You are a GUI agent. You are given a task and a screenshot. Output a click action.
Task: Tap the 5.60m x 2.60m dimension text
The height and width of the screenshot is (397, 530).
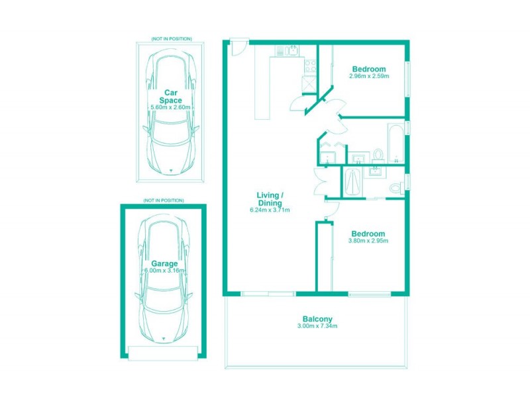[x=171, y=107]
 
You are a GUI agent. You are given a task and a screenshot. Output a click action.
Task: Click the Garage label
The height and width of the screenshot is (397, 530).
[x=163, y=263]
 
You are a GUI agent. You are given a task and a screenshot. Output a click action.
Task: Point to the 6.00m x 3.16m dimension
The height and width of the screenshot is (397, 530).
[x=164, y=271]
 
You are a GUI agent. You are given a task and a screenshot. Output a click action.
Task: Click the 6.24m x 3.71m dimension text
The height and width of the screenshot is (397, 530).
[x=270, y=210]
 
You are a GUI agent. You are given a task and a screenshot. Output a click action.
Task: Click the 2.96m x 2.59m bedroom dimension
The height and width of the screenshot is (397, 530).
[x=368, y=76]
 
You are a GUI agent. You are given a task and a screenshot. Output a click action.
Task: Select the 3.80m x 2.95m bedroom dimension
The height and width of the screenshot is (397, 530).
[x=368, y=241]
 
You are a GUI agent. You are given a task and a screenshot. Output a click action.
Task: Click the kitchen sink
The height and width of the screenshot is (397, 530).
[x=291, y=49]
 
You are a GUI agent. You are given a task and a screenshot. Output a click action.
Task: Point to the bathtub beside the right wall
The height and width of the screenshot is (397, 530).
[x=395, y=142]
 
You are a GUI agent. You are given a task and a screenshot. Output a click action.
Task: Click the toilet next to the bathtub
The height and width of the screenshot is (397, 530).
[x=378, y=155]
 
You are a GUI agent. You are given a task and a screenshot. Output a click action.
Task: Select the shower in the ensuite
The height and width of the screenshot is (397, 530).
[x=352, y=181]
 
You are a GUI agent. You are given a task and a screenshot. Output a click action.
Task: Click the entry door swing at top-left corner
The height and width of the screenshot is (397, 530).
[x=237, y=49]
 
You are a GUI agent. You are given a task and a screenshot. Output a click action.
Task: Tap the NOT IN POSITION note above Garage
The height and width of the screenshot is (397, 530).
[x=163, y=200]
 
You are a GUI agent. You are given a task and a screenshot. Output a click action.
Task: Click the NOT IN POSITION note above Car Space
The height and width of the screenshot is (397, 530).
[x=171, y=39]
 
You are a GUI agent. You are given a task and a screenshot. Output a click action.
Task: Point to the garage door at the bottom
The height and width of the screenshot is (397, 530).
[x=163, y=352]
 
